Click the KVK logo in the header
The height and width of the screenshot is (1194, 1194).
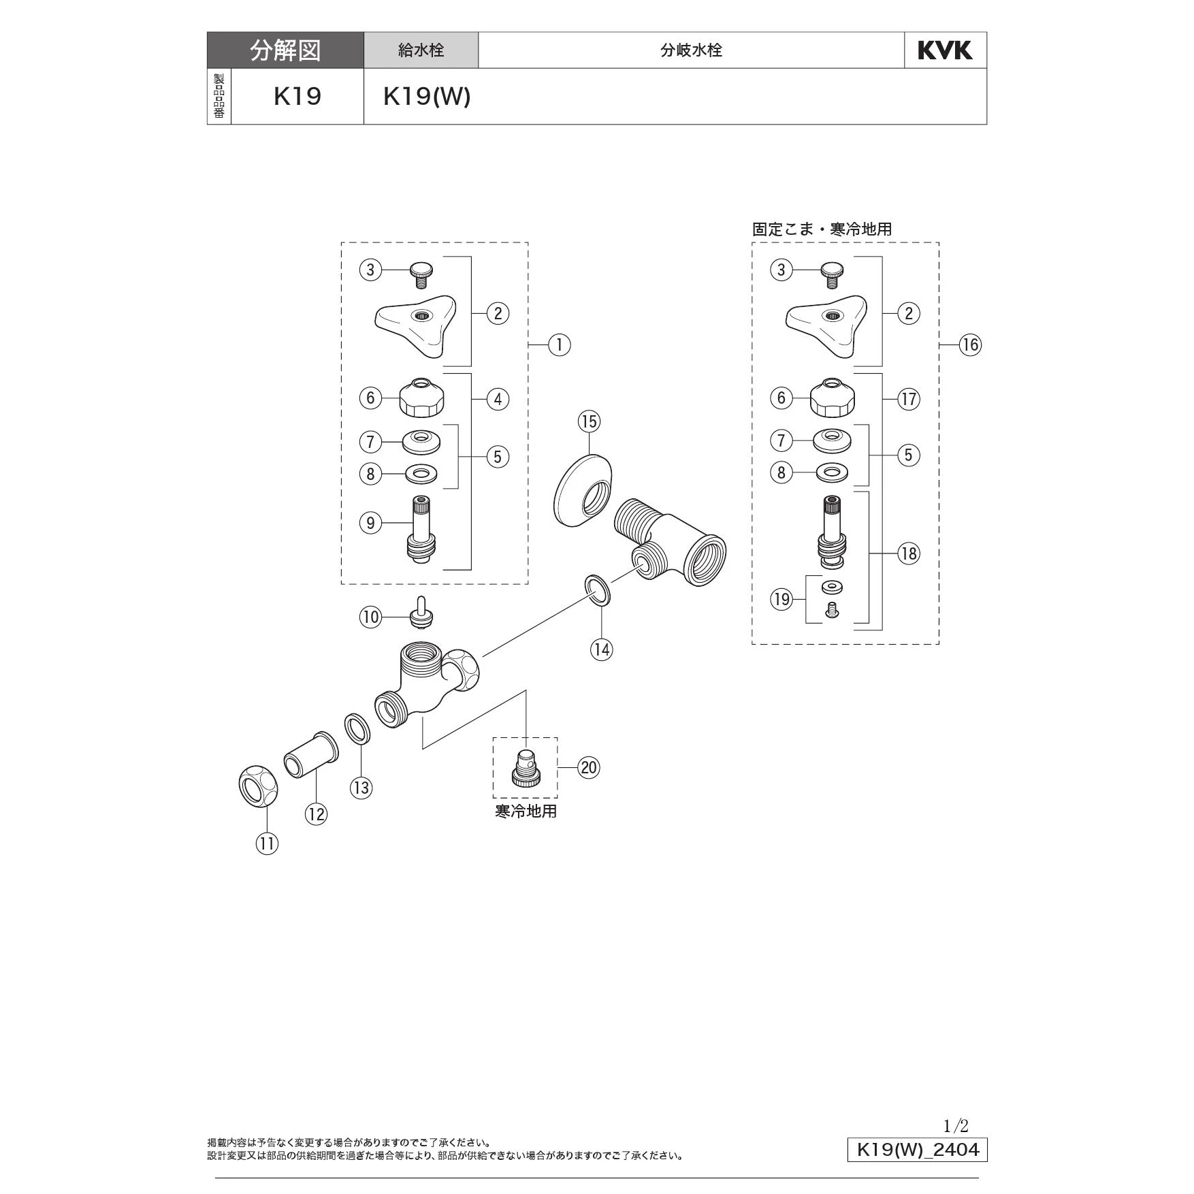(945, 50)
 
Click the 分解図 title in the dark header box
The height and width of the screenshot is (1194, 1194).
(285, 50)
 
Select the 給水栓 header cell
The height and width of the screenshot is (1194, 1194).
(421, 50)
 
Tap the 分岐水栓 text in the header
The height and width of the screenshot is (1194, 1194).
(691, 50)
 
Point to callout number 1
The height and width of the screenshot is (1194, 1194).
(560, 345)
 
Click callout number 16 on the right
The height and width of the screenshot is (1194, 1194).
(970, 345)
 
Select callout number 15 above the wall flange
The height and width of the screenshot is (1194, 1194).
(590, 421)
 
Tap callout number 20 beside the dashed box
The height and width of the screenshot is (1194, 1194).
(589, 768)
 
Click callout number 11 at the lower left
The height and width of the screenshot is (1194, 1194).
(268, 844)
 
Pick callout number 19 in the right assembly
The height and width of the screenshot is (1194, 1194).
(781, 599)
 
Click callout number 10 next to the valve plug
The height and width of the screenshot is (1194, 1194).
(370, 617)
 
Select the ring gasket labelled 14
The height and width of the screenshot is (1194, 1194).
(597, 591)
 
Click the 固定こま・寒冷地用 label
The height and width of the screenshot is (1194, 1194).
(822, 229)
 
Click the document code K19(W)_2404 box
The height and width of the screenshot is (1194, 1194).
(917, 1150)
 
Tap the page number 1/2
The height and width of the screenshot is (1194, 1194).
(956, 1126)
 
